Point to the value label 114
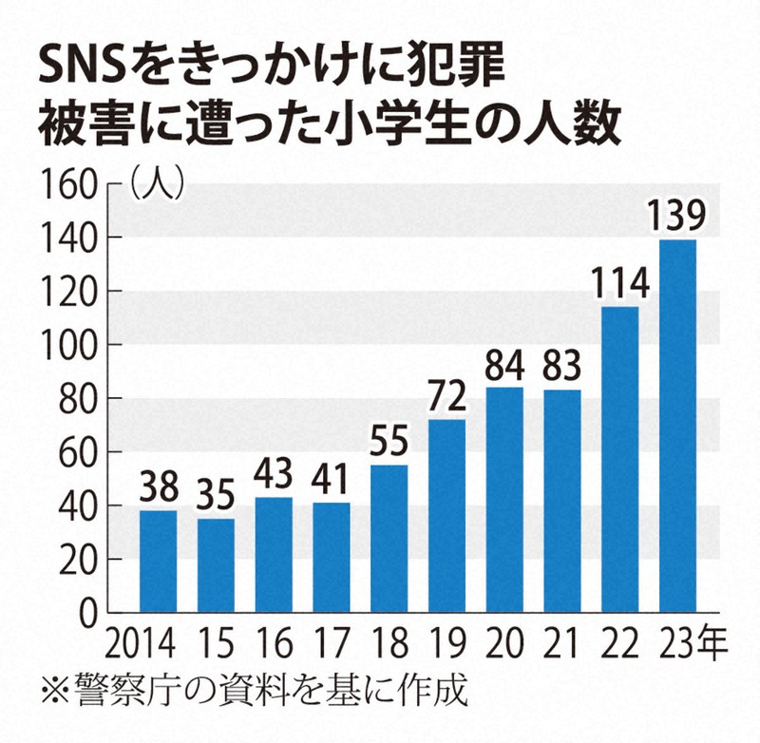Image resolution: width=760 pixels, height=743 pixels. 619,283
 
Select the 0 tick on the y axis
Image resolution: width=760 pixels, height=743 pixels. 90,614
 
